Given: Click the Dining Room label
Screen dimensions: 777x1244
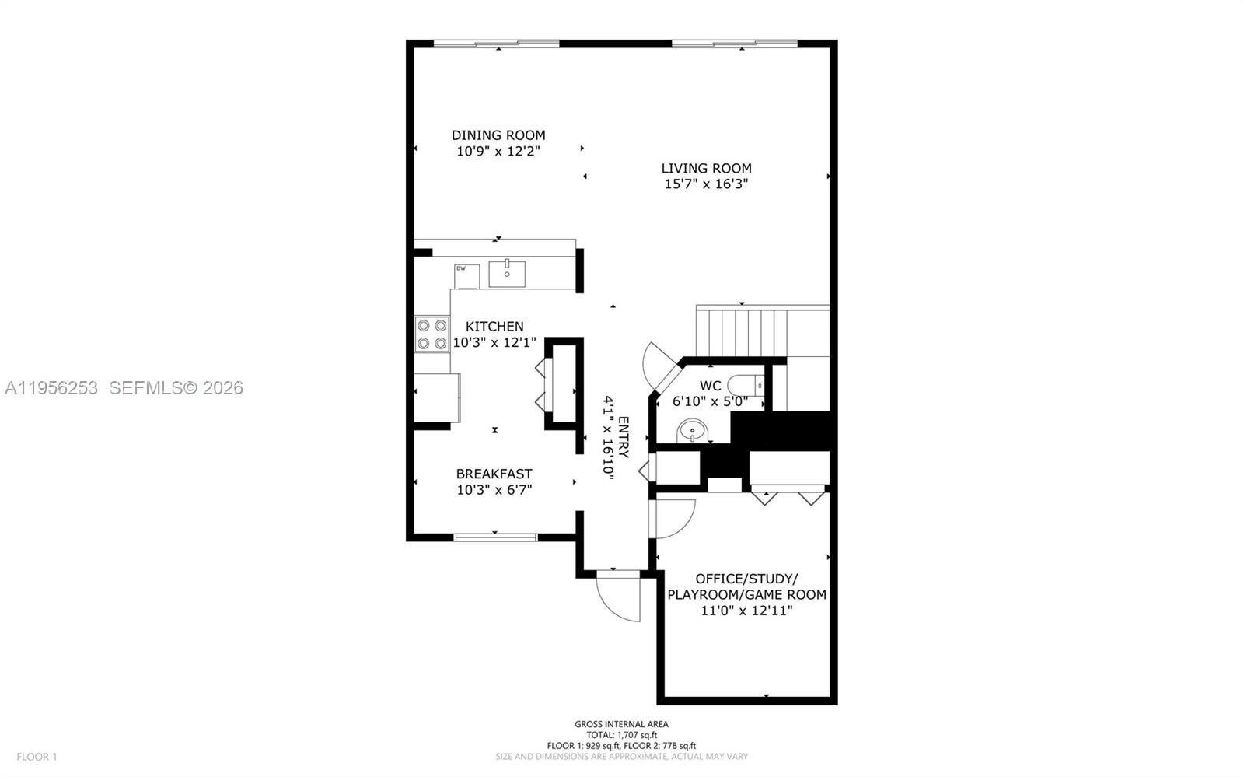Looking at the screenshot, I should [x=498, y=135].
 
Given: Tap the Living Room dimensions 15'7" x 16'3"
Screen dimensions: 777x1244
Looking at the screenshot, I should [x=706, y=184].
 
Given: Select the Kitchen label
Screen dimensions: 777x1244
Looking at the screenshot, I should [x=494, y=327].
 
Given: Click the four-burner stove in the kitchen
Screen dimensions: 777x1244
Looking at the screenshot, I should [x=432, y=334].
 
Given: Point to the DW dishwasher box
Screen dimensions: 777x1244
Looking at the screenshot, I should [x=466, y=275].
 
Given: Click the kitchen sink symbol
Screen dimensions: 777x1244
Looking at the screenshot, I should [x=507, y=274].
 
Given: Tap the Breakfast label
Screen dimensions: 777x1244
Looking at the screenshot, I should [x=494, y=474].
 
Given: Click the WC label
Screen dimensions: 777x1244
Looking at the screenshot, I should [x=710, y=386].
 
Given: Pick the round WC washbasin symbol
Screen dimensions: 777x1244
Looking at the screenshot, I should [x=691, y=430].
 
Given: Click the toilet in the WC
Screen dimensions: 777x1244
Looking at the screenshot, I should [x=746, y=385].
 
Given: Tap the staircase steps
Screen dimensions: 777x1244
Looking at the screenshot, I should [x=743, y=333].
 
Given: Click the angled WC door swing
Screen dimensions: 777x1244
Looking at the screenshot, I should [x=658, y=364].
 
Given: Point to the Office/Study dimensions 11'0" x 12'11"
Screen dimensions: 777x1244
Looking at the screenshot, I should [x=746, y=611].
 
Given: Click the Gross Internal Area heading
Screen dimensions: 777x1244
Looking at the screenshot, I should [x=621, y=724].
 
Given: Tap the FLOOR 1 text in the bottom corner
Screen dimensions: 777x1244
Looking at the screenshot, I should [x=37, y=756].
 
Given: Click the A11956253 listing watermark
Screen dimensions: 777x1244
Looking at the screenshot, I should [x=51, y=387].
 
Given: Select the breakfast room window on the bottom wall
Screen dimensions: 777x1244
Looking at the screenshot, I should [x=495, y=537].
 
